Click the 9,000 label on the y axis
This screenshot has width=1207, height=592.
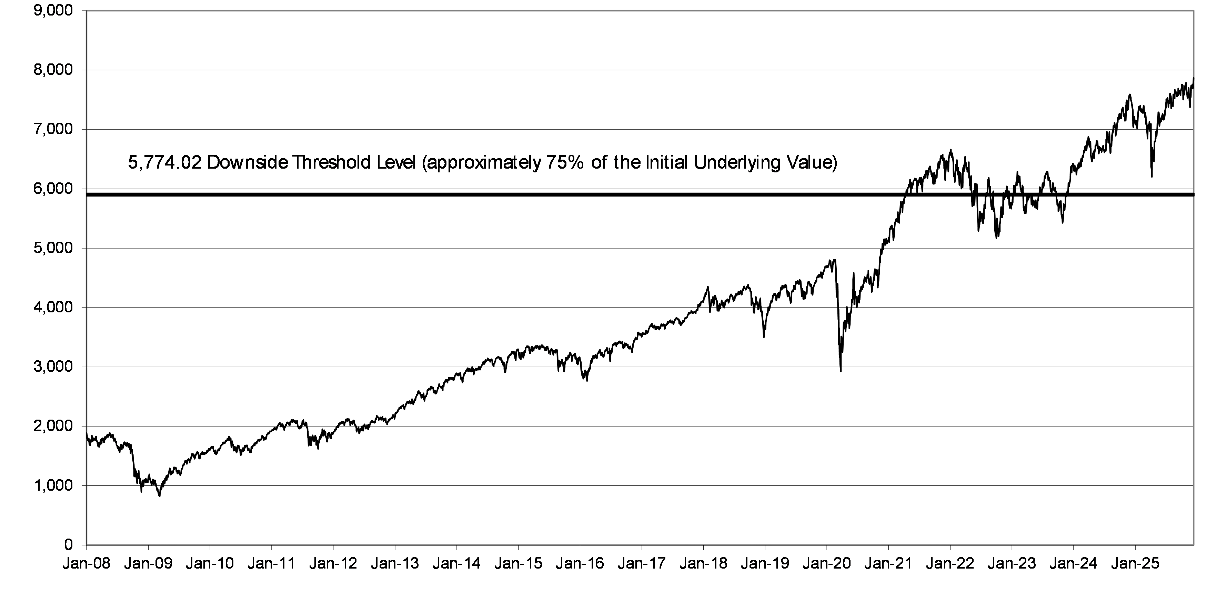53,11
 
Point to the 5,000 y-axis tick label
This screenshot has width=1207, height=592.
53,248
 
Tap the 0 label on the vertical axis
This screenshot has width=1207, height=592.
68,545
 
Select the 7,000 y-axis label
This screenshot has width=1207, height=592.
53,129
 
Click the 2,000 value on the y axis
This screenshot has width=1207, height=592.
53,426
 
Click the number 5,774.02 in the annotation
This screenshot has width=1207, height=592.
165,163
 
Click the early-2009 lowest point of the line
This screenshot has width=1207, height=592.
159,495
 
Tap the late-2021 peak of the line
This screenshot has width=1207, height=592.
951,150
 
